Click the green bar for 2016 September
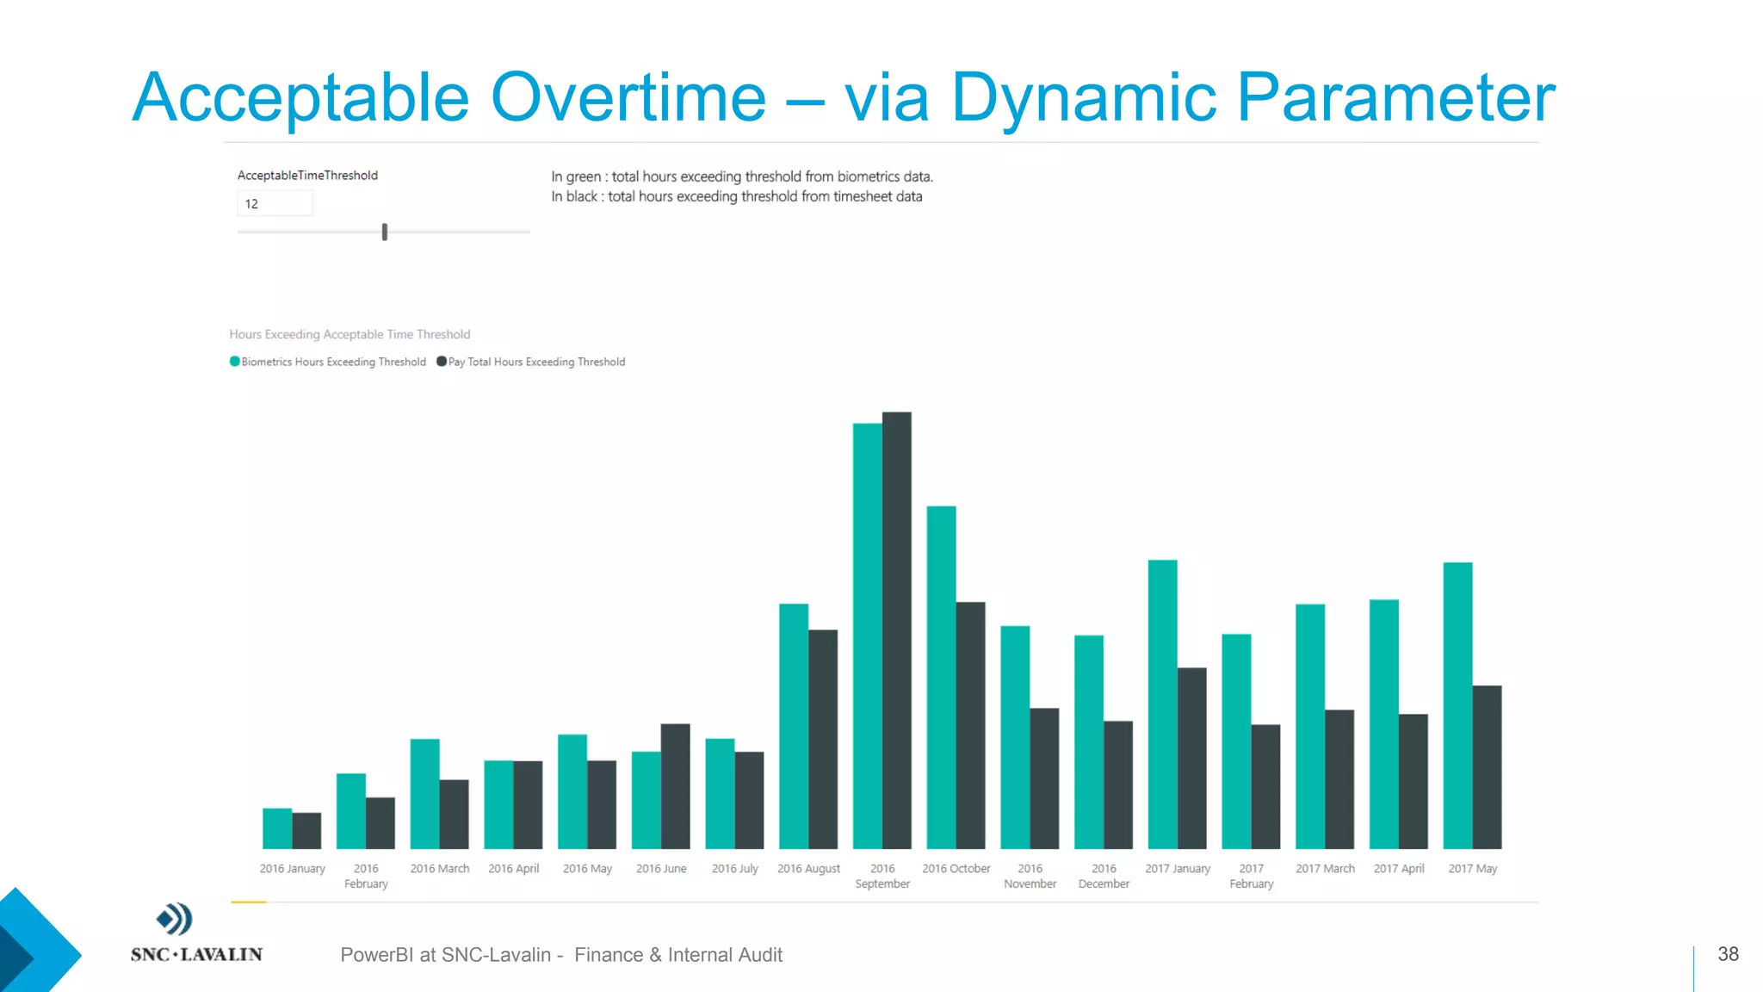tap(867, 637)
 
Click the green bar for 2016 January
tap(277, 828)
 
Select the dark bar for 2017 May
tap(1487, 767)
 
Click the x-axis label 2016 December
tap(1104, 876)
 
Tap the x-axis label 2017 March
tap(1325, 869)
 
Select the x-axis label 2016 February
tap(366, 876)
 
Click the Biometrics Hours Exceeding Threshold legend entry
tap(333, 362)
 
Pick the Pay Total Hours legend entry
tap(535, 362)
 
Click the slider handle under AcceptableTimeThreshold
tap(385, 232)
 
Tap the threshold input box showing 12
tap(275, 204)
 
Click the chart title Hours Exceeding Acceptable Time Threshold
tap(350, 334)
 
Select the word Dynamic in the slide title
tap(1083, 97)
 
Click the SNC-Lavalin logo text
tap(196, 954)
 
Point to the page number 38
tap(1728, 954)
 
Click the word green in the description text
tap(583, 177)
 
